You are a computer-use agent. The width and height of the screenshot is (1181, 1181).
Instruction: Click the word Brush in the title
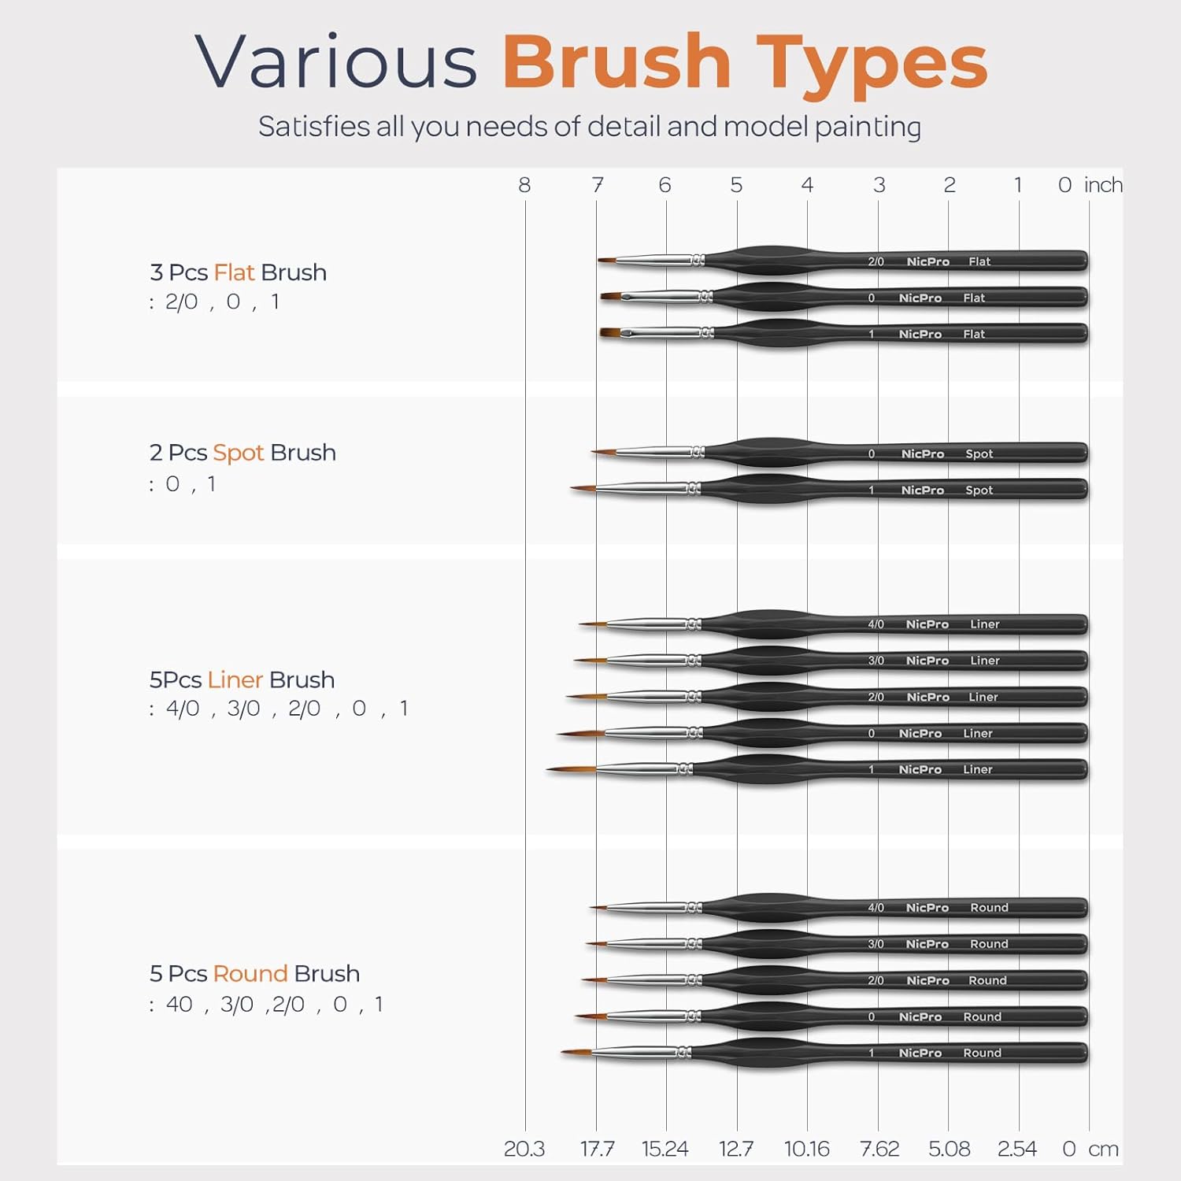(x=616, y=62)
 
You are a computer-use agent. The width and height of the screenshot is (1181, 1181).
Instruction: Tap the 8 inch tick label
(x=524, y=185)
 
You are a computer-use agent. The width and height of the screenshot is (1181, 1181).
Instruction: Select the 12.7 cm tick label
(x=735, y=1149)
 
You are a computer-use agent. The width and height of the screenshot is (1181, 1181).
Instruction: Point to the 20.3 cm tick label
(x=524, y=1149)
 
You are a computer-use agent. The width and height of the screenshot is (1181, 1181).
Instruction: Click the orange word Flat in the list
(x=234, y=272)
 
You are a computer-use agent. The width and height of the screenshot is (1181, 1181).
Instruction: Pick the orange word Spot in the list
(x=238, y=454)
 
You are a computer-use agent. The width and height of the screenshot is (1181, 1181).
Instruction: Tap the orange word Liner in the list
(x=235, y=679)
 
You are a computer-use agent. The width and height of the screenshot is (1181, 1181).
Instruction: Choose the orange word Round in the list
(x=250, y=974)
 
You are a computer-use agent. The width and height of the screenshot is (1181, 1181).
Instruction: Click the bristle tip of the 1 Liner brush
(x=547, y=769)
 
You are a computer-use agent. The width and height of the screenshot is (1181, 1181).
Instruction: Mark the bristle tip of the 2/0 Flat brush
(x=598, y=260)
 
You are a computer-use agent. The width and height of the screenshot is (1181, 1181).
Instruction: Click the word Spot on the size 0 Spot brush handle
(x=979, y=454)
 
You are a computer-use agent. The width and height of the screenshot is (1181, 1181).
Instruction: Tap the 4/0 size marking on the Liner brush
(x=876, y=624)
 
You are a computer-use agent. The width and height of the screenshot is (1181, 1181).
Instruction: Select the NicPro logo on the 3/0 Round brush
(x=927, y=944)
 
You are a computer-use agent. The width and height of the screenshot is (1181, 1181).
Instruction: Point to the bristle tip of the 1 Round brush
(x=561, y=1051)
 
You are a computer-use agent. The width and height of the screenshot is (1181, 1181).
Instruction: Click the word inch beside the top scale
(x=1103, y=185)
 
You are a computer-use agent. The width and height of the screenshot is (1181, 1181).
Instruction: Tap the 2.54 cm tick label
(x=1017, y=1149)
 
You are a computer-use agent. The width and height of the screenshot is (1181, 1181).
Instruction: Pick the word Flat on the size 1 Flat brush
(x=974, y=334)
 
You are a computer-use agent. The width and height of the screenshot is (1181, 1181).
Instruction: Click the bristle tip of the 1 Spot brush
(x=572, y=489)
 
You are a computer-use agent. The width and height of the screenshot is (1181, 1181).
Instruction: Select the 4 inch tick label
(x=807, y=185)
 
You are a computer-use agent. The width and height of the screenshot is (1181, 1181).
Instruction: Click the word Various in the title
(x=336, y=61)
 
